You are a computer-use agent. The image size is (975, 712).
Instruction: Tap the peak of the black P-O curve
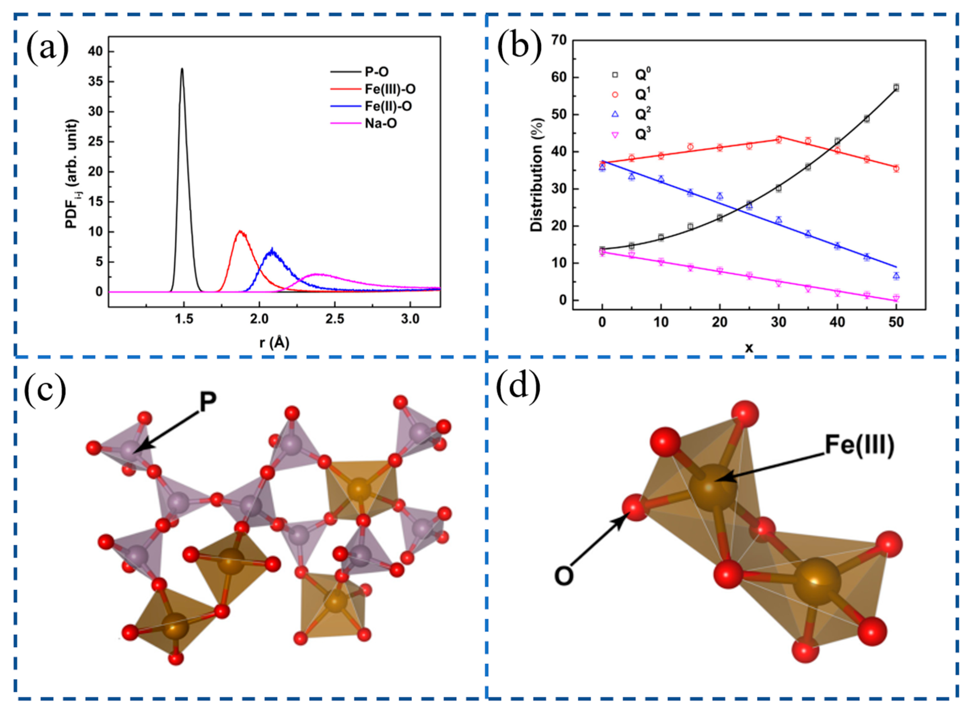click(182, 69)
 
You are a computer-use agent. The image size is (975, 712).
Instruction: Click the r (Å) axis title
click(274, 343)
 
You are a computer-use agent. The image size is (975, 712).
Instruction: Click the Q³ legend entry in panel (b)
click(643, 135)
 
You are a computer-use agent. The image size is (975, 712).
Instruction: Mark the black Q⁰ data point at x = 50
click(896, 87)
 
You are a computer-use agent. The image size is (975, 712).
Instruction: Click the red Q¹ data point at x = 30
click(779, 140)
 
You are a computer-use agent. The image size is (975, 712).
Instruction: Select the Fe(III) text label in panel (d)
click(859, 444)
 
